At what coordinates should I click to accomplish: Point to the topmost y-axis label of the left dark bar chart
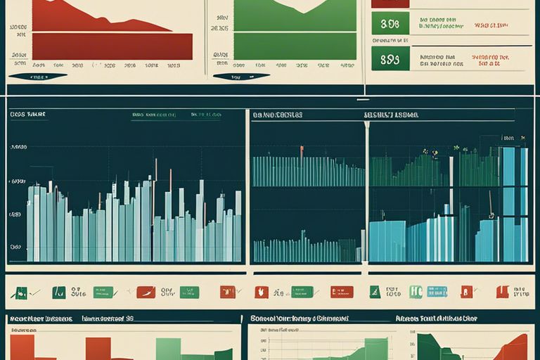pos(18,148)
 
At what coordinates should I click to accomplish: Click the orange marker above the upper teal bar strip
pos(302,150)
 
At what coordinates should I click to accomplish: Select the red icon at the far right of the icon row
pos(502,292)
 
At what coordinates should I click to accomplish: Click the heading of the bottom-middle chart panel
pos(299,319)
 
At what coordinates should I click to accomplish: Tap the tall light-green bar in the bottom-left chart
pos(168,348)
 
